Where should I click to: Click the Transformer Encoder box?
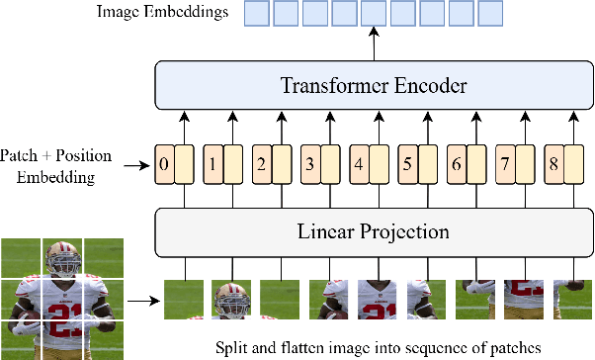click(375, 85)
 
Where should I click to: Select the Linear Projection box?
click(375, 233)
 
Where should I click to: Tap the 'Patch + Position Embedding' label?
click(56, 166)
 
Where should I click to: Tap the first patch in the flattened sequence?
click(184, 295)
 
